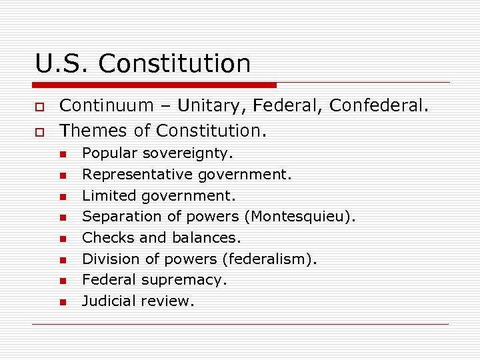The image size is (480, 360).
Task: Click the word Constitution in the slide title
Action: tap(175, 64)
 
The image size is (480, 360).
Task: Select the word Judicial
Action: tap(109, 301)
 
